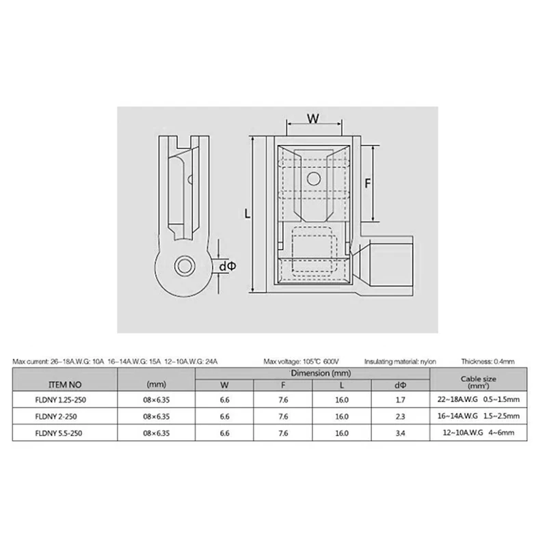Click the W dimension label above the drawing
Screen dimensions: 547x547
[x=313, y=119]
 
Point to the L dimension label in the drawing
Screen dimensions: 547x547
[x=247, y=213]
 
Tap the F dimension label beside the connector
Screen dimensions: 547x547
[x=367, y=183]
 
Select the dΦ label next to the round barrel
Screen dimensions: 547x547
[x=228, y=267]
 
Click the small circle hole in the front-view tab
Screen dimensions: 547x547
[x=313, y=179]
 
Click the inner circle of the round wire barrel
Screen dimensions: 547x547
[x=184, y=266]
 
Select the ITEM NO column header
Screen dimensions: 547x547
[x=65, y=385]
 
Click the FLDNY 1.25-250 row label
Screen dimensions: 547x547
[x=60, y=400]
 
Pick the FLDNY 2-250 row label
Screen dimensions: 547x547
[x=56, y=416]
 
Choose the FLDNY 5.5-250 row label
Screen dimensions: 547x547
[x=59, y=433]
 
